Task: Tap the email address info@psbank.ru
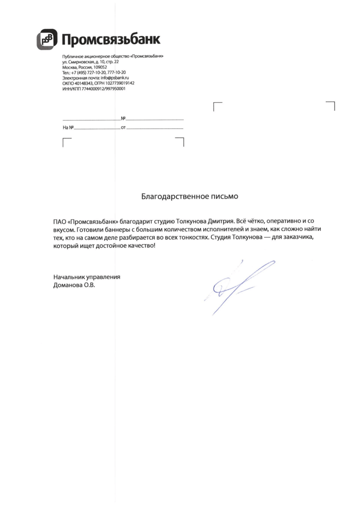[115, 78]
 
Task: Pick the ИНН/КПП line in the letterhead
[93, 88]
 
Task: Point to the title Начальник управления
[87, 277]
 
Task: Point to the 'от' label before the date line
[123, 128]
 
